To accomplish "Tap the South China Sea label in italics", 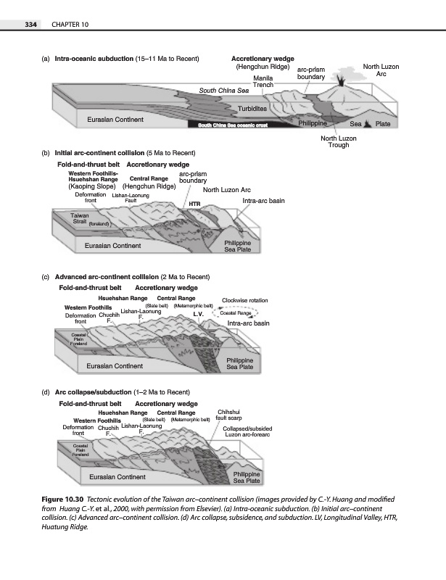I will (224, 90).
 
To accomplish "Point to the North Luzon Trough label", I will (338, 141).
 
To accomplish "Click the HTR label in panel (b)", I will (194, 204).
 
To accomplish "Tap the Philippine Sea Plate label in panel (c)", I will (239, 364).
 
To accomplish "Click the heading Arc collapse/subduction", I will (95, 391).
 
